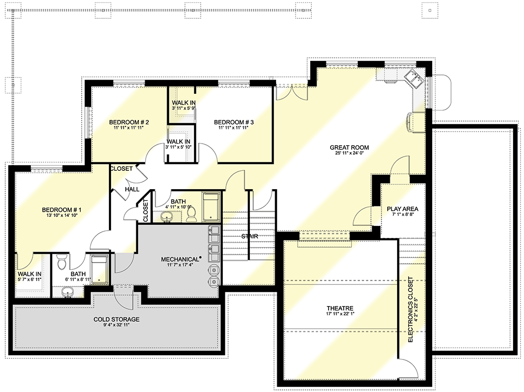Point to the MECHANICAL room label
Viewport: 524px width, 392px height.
point(180,259)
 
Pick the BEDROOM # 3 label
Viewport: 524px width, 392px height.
point(234,122)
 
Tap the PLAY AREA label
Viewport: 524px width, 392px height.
point(402,209)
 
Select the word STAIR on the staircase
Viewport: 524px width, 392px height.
point(249,236)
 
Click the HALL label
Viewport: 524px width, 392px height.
point(132,189)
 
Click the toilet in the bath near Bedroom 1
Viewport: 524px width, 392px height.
point(62,260)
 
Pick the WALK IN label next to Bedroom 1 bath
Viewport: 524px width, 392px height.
point(30,274)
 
